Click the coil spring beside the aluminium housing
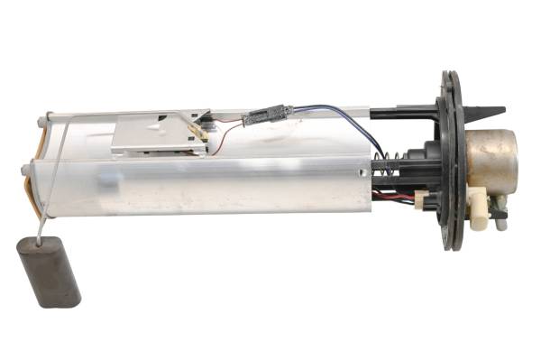point(384,166)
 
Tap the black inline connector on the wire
point(268,115)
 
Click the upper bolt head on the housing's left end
point(45,117)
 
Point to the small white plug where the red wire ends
point(420,197)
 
